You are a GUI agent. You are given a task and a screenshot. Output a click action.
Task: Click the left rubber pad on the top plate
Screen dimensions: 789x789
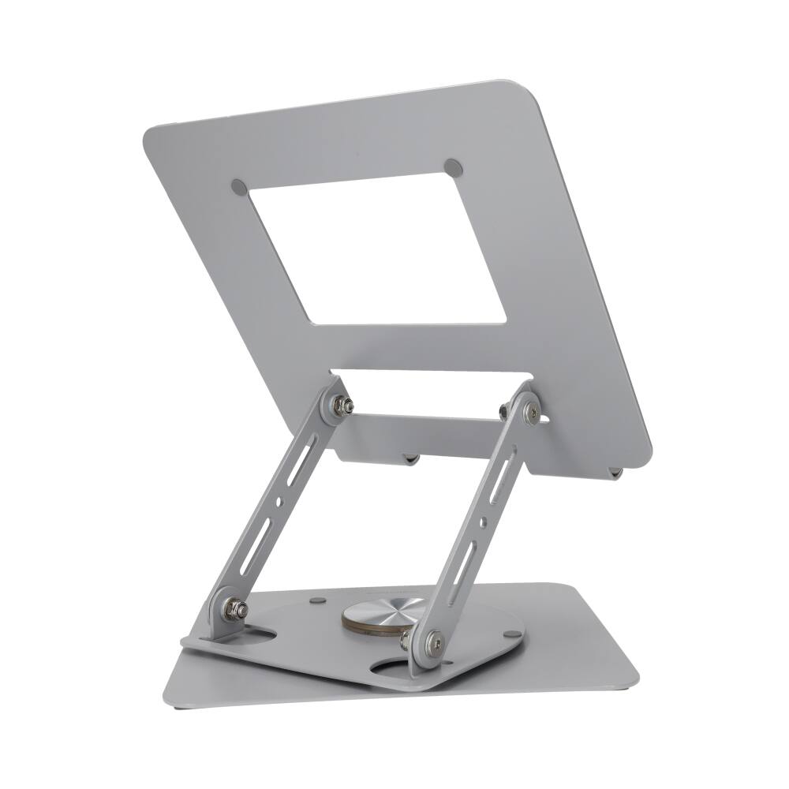[x=239, y=187]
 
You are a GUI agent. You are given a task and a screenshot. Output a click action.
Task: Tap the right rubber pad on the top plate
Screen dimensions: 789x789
[x=453, y=166]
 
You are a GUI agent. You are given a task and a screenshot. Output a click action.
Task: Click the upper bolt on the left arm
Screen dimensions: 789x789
[x=343, y=406]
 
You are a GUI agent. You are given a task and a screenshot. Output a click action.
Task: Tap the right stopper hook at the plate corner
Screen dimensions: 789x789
[x=615, y=472]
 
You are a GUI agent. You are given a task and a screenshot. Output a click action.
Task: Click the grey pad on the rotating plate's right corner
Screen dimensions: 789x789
[x=512, y=634]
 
